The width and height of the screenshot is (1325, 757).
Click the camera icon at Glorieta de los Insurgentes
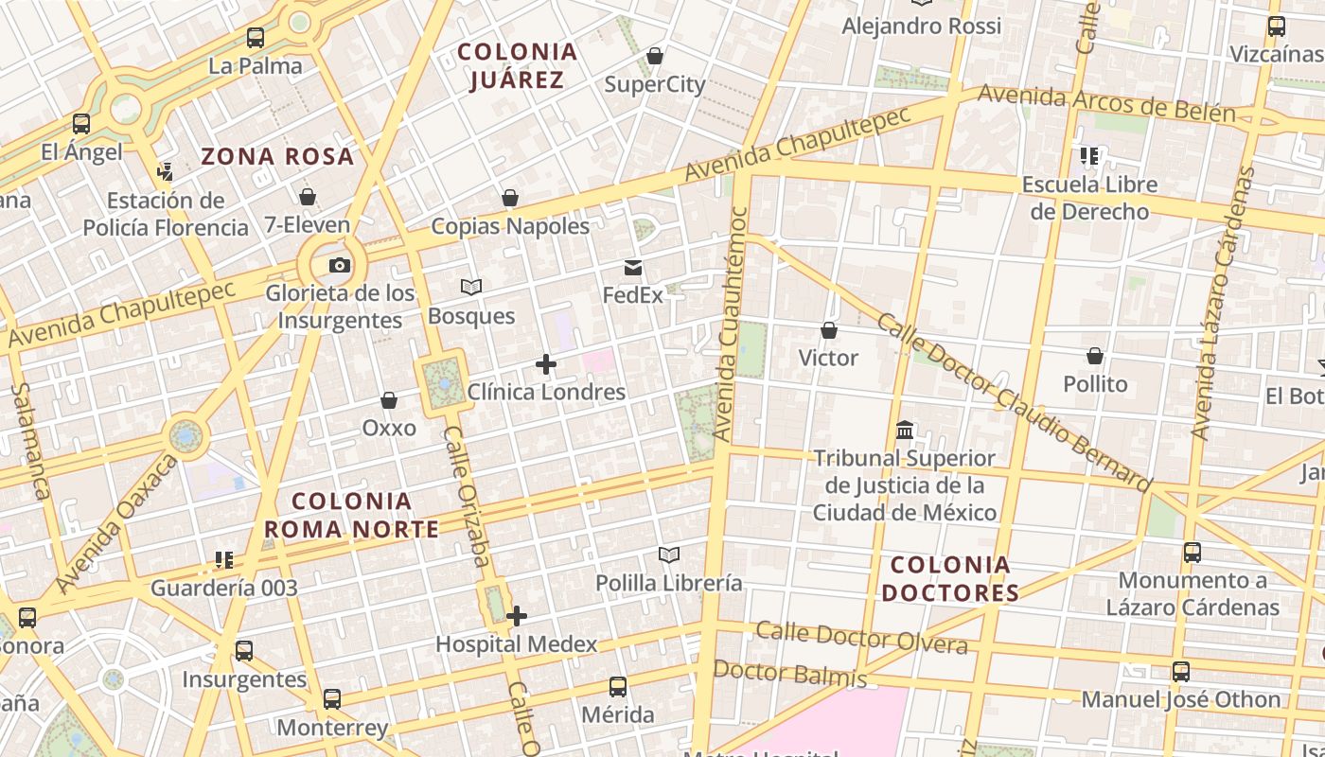340,266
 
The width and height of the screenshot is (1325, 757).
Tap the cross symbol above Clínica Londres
546,363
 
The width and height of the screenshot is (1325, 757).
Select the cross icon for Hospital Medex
517,617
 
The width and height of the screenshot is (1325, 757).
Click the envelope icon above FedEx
633,269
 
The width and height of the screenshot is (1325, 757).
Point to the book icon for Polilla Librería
669,555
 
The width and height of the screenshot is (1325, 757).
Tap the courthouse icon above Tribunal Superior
905,431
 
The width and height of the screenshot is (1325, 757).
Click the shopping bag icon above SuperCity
655,57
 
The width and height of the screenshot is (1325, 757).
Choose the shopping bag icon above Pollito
1095,357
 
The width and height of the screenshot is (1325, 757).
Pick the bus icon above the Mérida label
618,687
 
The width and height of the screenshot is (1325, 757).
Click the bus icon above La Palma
256,39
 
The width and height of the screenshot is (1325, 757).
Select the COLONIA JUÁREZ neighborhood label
517,66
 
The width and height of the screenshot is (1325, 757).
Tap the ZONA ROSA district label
277,156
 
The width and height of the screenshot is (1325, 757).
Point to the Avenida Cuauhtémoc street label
733,325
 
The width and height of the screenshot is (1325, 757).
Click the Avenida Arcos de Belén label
1106,104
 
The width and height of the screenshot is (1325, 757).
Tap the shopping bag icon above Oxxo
389,401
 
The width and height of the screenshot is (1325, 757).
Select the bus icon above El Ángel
81,124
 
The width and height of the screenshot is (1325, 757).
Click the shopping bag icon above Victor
829,330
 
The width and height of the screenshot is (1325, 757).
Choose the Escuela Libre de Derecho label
1088,198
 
